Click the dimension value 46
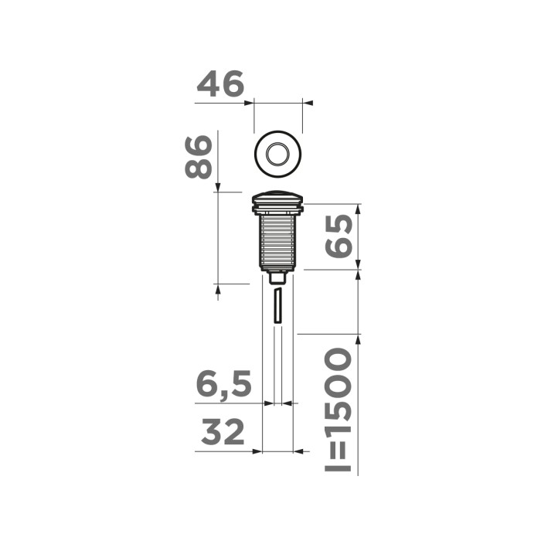[220, 83]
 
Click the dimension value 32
[223, 433]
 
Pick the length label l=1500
[337, 410]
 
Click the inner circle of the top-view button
[277, 155]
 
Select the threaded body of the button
[277, 240]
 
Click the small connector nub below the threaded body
[277, 276]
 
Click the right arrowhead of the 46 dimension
[306, 101]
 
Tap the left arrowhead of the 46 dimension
[250, 101]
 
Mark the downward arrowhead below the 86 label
[218, 188]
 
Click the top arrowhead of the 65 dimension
[358, 209]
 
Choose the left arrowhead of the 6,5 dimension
[269, 403]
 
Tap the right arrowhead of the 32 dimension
[298, 451]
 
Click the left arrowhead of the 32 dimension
[258, 451]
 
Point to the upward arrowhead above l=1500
[358, 338]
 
